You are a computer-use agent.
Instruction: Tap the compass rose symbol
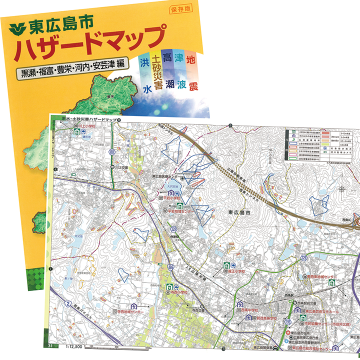click(x=342, y=188)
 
